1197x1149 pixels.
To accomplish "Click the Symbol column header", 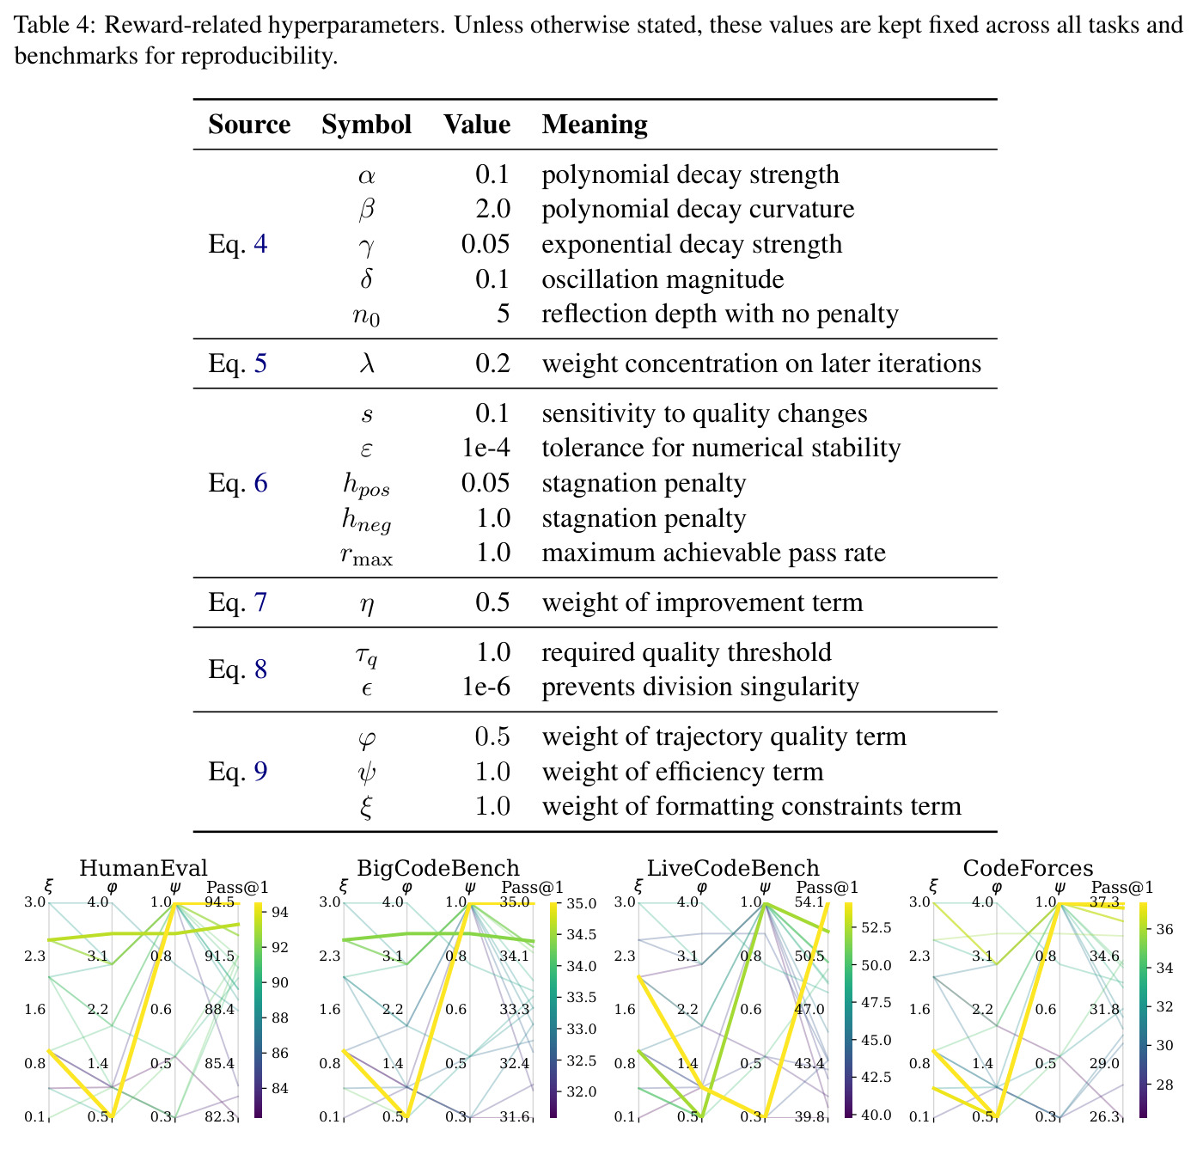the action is (x=366, y=125).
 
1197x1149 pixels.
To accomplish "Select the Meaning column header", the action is (x=594, y=125).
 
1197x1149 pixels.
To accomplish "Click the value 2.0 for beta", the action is (x=492, y=209).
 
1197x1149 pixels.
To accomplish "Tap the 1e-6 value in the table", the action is (x=486, y=687).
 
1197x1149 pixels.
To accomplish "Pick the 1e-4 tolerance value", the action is (x=486, y=448).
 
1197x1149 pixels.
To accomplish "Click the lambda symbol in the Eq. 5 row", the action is (x=367, y=363).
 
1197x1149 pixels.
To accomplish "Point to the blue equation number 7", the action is (x=260, y=602).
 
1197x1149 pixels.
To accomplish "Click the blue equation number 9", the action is (x=260, y=772).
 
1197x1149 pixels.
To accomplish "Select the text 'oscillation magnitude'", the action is (x=663, y=279).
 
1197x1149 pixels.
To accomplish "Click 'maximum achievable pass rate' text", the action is (x=713, y=553).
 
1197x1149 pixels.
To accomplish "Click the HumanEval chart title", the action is (x=144, y=868).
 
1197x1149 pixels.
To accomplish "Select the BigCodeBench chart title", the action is (x=438, y=868).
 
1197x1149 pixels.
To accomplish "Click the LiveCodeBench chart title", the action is (x=733, y=868).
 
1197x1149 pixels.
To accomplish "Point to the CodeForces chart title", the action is (x=1028, y=868).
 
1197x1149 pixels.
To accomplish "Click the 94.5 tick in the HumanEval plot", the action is (x=219, y=902).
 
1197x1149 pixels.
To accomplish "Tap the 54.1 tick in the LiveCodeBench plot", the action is (x=809, y=902).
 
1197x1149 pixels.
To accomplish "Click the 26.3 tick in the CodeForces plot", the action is (x=1104, y=1115).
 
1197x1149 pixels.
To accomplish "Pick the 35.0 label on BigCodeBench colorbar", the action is (x=582, y=903).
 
